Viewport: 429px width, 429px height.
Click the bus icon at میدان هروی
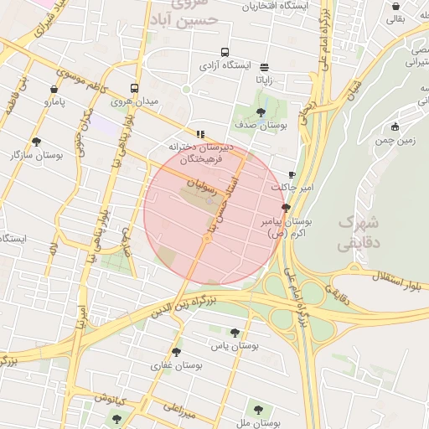(135, 88)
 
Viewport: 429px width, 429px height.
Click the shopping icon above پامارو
(54, 89)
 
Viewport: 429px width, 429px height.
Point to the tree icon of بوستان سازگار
(35, 142)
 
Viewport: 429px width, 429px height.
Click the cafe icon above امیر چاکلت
(292, 174)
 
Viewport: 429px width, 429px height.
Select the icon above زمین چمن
(395, 127)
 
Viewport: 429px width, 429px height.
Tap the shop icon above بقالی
(395, 7)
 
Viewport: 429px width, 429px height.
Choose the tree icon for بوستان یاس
(235, 333)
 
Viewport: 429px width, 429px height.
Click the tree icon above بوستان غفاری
(176, 352)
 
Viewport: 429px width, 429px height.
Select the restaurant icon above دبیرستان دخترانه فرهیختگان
(200, 133)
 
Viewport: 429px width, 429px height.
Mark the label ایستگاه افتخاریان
(271, 6)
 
